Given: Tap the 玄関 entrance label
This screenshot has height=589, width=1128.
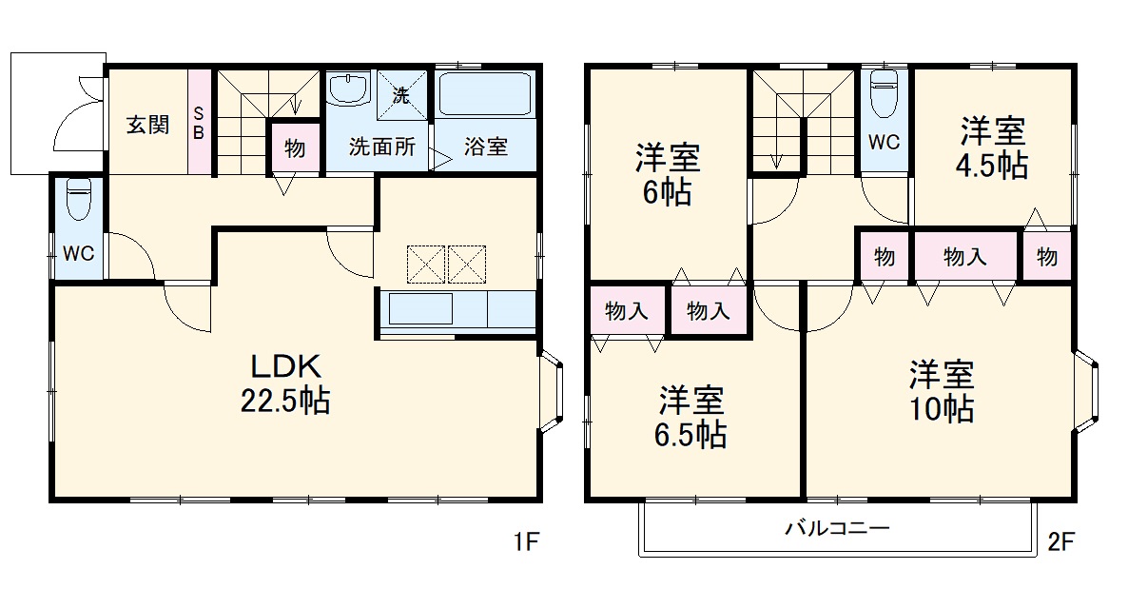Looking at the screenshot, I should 147,124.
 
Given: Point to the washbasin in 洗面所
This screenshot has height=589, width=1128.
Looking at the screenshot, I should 347,90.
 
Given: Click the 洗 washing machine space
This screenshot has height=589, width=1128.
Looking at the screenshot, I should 401,95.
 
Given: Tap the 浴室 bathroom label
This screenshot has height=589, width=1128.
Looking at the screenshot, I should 485,147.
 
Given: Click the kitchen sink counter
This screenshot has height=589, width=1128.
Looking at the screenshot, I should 418,309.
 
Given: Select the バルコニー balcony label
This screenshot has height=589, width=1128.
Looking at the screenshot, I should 837,527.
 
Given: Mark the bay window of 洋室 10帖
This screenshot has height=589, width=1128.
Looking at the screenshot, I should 1090,390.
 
